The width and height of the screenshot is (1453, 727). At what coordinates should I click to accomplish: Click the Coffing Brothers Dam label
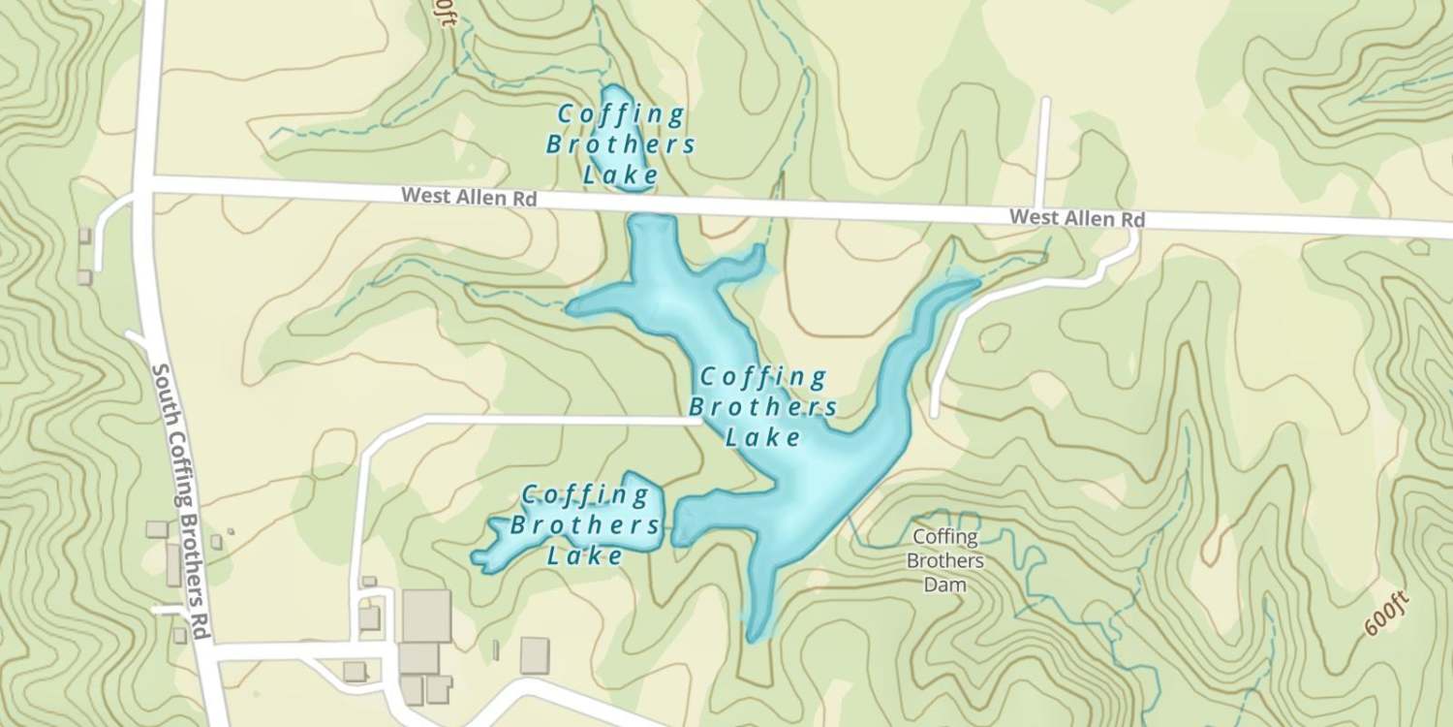pos(943,560)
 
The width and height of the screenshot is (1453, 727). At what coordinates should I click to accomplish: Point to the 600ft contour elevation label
pos(1386,613)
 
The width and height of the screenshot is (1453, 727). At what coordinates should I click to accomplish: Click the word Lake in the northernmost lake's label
pos(620,175)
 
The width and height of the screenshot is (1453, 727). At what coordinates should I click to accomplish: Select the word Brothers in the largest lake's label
pos(769,406)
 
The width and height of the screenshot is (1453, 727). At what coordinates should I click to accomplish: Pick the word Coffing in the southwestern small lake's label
pos(585,496)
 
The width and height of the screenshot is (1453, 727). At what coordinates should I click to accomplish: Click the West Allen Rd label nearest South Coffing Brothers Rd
pos(469,197)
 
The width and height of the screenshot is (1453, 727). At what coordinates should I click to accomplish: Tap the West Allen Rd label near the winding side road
pos(1076,218)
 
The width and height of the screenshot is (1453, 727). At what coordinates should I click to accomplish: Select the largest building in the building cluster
pos(426,615)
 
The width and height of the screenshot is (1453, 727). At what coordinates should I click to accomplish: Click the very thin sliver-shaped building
pos(495,649)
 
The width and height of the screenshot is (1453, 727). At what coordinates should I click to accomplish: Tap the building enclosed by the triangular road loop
pos(355,671)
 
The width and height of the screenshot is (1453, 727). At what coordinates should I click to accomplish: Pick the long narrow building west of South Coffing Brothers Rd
pos(172,564)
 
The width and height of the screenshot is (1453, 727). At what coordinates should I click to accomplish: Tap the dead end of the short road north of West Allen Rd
pos(1043,100)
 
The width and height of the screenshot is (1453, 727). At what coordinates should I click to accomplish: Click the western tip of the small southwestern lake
pos(474,559)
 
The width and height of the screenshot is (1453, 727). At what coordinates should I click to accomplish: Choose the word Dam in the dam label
pos(943,585)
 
